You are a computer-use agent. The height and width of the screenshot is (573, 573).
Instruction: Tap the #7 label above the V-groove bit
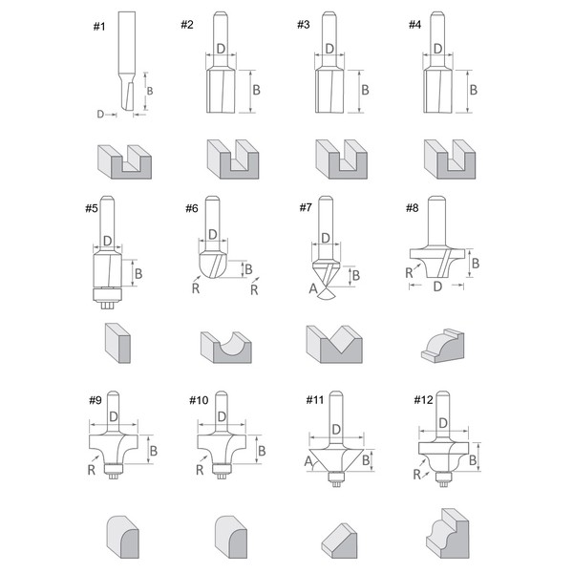point(306,207)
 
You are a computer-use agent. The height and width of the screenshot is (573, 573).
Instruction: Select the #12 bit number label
point(425,400)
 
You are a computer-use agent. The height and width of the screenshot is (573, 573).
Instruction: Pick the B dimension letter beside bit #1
point(149,92)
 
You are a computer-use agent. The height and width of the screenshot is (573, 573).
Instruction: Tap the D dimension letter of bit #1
point(100,113)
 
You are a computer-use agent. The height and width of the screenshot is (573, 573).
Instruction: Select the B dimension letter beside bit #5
point(139,274)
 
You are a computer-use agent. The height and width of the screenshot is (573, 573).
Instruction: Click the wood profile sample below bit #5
point(114,341)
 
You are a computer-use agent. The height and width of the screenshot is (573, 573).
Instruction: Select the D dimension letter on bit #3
point(329,49)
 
